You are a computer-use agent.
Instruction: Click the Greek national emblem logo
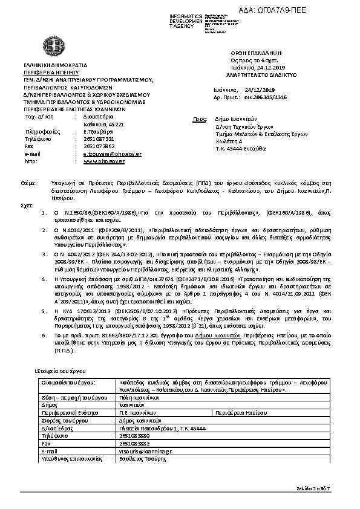[x=50, y=46]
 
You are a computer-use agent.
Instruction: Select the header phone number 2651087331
[x=98, y=139]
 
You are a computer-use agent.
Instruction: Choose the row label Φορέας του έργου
[x=61, y=420]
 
